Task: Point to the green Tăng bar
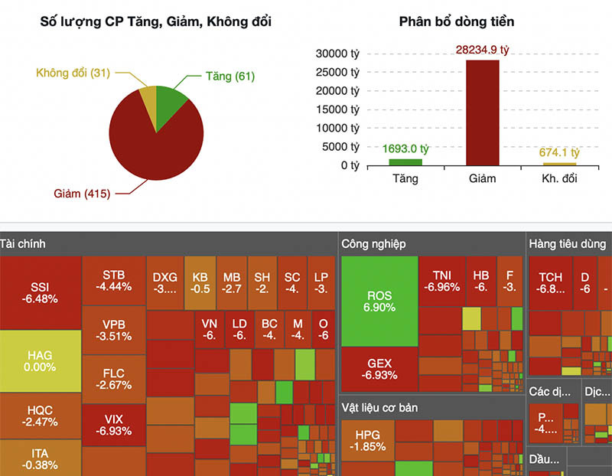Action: tap(405, 161)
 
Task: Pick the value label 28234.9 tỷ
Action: tap(483, 49)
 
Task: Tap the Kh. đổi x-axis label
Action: tap(559, 178)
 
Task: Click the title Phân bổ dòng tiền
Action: tap(457, 21)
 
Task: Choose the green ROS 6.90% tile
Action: tap(379, 301)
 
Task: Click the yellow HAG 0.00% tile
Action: tap(41, 361)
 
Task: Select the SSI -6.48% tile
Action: tap(41, 292)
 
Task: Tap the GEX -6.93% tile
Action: tap(379, 370)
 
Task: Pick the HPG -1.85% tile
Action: tap(368, 441)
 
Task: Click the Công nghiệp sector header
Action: tap(374, 244)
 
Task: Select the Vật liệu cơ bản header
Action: tap(379, 407)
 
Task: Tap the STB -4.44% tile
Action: tap(113, 281)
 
